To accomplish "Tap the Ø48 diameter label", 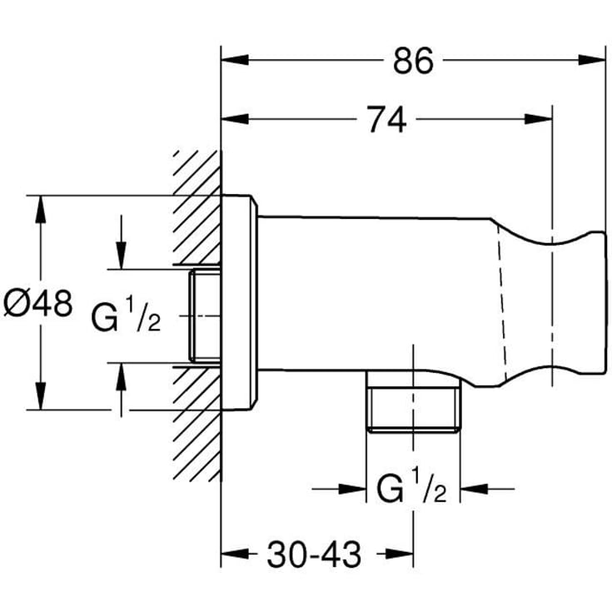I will coord(37,302).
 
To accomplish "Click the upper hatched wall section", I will coord(197,208).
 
